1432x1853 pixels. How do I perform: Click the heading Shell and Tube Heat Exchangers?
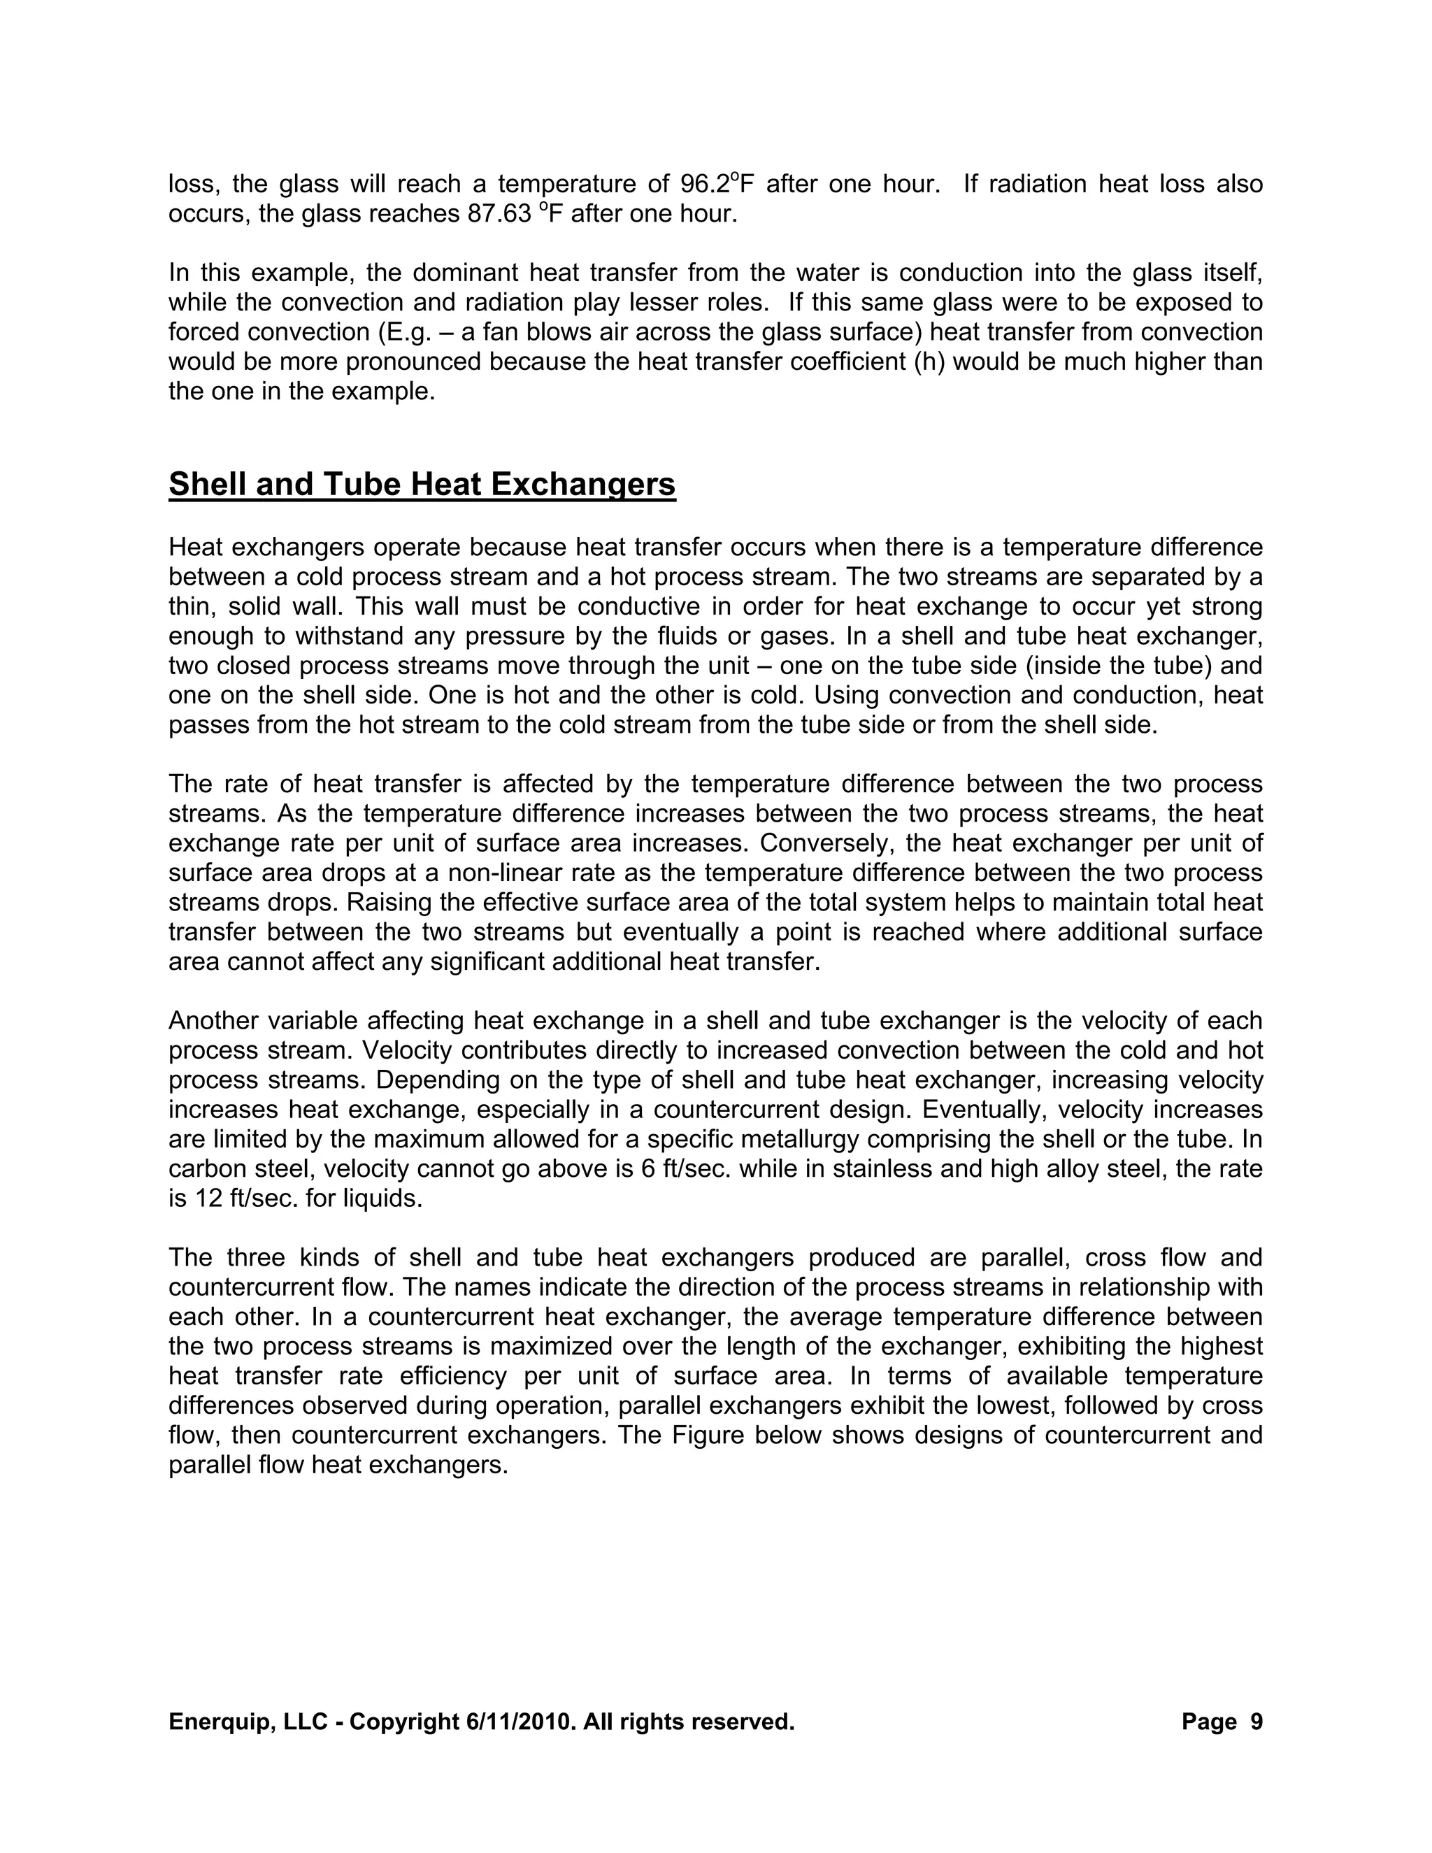coord(422,485)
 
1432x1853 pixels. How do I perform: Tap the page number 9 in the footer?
coord(1256,1722)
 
